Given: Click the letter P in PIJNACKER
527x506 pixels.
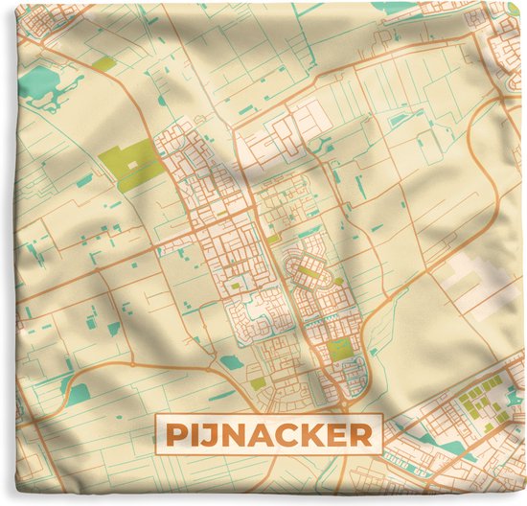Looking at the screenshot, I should [176, 437].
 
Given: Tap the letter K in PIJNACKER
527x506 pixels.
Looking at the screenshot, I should [309, 437].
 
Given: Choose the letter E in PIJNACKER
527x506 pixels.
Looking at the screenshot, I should [332, 437].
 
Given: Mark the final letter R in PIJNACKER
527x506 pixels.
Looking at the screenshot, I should [356, 437].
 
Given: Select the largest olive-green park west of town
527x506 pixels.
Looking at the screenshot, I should [132, 161].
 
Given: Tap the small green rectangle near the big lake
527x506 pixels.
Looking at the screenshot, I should [103, 63].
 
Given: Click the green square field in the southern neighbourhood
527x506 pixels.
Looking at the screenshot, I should [340, 349].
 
